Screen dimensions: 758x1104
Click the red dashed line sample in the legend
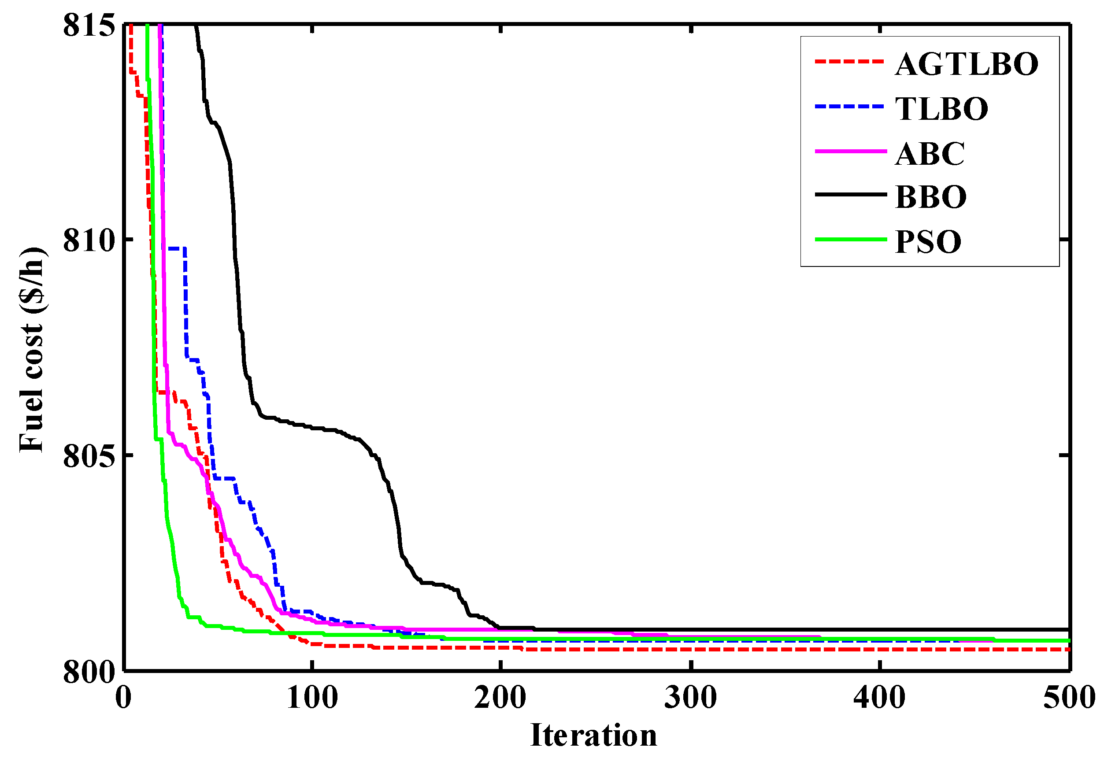tap(849, 62)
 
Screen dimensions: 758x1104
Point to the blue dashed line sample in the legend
tap(849, 107)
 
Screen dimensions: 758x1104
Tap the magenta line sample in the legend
tap(850, 152)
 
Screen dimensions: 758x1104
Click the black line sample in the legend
tap(850, 194)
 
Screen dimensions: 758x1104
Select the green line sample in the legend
tap(850, 239)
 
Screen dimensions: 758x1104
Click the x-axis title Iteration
tap(594, 735)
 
